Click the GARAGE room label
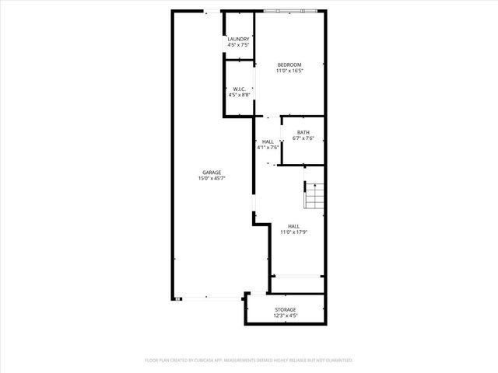(212, 173)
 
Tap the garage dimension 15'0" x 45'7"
(212, 179)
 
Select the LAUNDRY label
(239, 39)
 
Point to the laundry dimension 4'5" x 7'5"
(239, 45)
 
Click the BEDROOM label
(289, 64)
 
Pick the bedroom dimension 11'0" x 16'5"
(289, 71)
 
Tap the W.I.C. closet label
(240, 89)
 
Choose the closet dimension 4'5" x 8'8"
(240, 95)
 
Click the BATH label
(303, 132)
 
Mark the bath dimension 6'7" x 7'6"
(303, 138)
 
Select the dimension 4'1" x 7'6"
(268, 148)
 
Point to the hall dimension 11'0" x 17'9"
(294, 232)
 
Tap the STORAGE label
(285, 309)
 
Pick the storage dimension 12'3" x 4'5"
(285, 315)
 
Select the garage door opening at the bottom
(212, 298)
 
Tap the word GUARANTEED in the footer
(337, 361)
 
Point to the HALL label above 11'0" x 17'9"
(294, 225)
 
